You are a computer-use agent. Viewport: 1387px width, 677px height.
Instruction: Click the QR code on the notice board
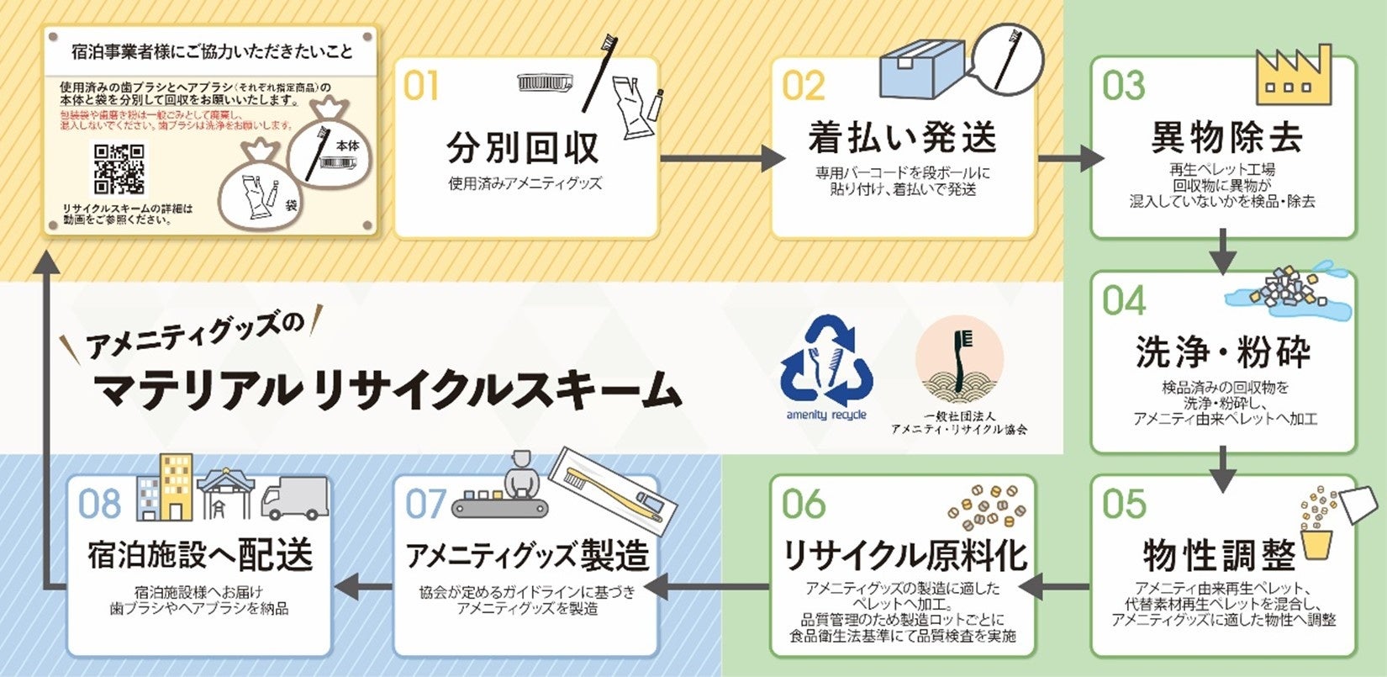pos(119,169)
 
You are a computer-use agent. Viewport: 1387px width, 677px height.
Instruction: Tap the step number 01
pos(421,86)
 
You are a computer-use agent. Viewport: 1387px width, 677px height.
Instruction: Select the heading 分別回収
pos(523,147)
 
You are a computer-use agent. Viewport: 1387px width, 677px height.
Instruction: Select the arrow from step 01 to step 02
pos(722,157)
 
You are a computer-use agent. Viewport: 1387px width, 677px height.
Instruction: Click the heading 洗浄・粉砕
pos(1223,352)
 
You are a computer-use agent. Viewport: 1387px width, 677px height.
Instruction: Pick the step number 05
pos(1124,504)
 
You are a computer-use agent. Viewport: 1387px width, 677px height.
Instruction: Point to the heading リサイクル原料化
pos(905,554)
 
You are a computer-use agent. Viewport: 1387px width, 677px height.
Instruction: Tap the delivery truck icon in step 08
pos(294,498)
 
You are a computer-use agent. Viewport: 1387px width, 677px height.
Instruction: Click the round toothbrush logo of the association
pos(959,357)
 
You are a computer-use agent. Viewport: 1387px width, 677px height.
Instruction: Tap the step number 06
pos(804,504)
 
